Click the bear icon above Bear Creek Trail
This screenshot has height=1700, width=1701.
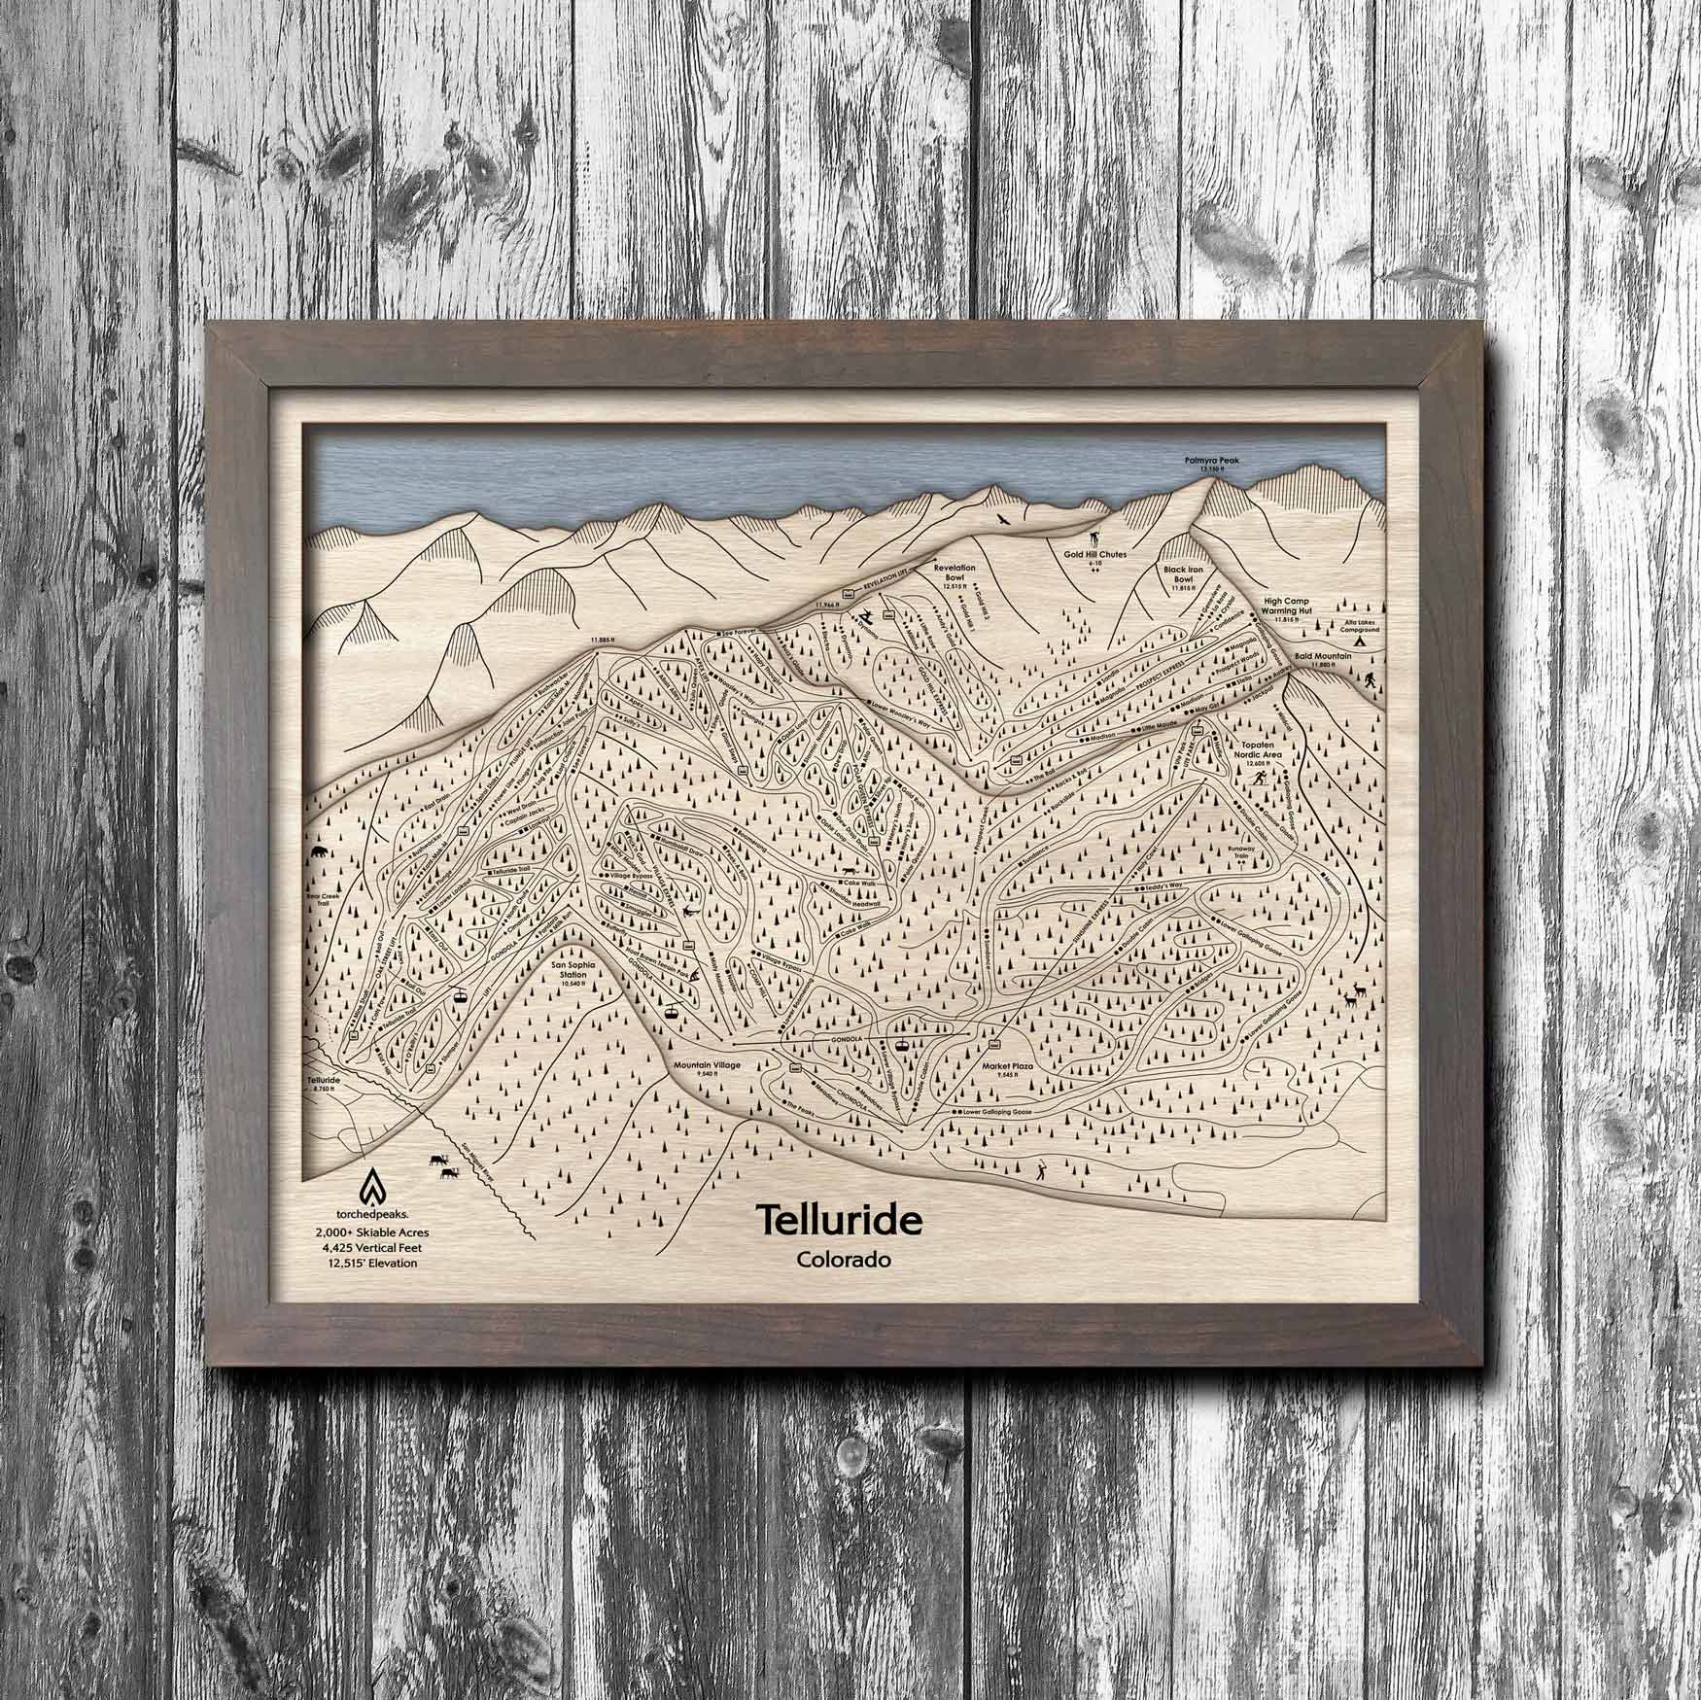tap(320, 854)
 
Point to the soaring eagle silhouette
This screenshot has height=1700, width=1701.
tap(1000, 525)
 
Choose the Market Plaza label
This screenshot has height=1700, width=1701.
tap(997, 1066)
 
